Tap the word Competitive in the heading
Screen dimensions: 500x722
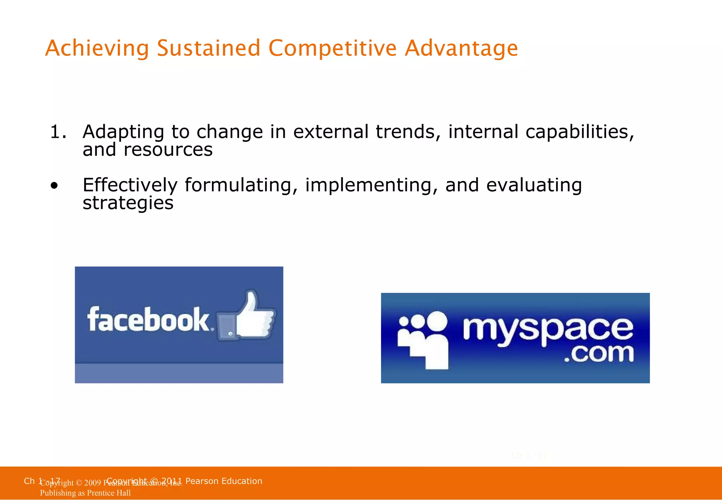click(332, 48)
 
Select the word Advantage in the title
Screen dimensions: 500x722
click(461, 48)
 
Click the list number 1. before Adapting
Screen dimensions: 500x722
click(58, 132)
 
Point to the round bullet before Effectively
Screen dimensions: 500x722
click(54, 186)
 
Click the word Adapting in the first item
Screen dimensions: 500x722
click(123, 132)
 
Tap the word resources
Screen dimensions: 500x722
click(168, 150)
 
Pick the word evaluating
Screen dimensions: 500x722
click(534, 185)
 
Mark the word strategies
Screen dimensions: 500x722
click(128, 203)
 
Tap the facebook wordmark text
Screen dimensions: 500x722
click(148, 319)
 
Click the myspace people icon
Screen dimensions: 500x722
click(423, 339)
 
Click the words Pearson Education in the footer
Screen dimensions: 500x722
click(224, 481)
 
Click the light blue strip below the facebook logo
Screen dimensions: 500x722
click(179, 373)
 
